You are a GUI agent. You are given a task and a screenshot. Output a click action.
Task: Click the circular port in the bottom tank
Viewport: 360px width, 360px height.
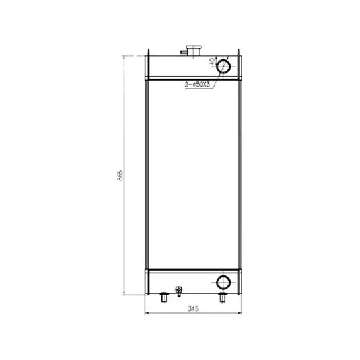coord(223,281)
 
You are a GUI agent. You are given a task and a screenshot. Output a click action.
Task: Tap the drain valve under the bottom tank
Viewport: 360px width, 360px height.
coord(178,291)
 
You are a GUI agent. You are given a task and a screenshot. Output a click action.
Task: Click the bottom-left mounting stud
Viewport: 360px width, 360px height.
coord(164,297)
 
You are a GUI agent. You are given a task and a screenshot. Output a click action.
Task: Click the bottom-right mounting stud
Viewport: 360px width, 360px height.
coord(223,297)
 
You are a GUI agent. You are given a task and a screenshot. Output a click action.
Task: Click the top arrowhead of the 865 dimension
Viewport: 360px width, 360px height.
coord(124,59)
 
